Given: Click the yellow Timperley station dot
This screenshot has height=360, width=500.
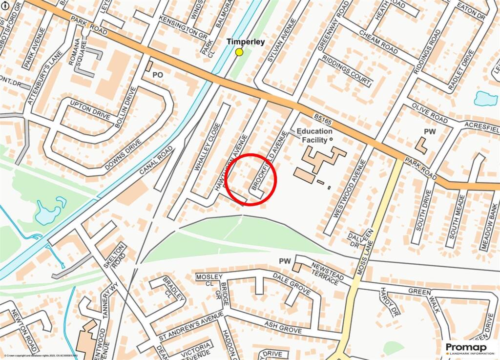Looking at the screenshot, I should point(239,52).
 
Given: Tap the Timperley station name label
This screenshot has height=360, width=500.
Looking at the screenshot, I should point(246,42).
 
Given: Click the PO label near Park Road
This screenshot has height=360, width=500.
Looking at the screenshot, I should point(157,75).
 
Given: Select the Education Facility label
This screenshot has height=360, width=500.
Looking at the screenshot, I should point(314,135).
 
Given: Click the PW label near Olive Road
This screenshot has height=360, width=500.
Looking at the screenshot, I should point(430,132).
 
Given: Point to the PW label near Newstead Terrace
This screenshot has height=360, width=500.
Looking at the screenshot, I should point(285,261).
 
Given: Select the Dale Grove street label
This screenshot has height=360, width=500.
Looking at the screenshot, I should point(292,285).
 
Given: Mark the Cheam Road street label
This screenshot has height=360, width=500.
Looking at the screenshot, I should point(378,42).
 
